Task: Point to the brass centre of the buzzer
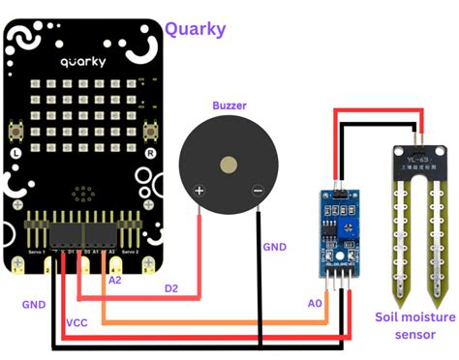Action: (x=229, y=165)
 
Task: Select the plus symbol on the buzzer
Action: (x=199, y=191)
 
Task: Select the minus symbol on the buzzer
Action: (x=257, y=191)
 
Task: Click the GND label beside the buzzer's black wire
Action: (x=275, y=247)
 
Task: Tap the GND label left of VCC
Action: (x=34, y=304)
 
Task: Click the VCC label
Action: (x=77, y=322)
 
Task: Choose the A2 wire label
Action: (x=115, y=280)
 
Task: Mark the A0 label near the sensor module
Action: (x=314, y=303)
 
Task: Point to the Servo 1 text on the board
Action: (x=39, y=252)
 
